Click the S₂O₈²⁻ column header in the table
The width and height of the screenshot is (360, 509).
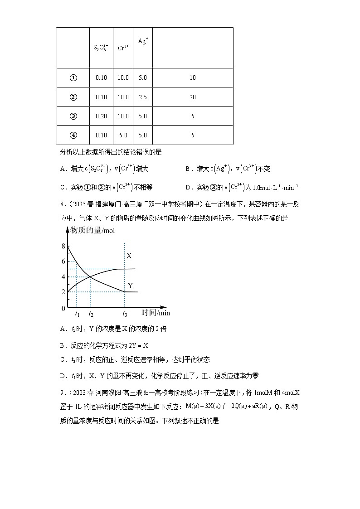tap(101, 48)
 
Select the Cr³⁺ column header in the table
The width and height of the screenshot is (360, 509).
tap(123, 48)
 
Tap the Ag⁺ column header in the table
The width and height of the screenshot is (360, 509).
tap(142, 41)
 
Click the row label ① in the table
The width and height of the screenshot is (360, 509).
tap(73, 78)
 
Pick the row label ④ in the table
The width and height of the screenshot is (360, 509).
tap(73, 135)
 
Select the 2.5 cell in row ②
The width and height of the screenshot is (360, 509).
tap(142, 97)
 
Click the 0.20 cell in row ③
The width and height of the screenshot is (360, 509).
tap(101, 116)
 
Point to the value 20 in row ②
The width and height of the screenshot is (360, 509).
tap(193, 97)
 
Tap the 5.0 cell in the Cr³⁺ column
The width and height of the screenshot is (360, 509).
tap(123, 135)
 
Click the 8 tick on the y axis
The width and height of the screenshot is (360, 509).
tap(63, 246)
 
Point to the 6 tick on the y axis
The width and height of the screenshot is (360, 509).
tap(63, 262)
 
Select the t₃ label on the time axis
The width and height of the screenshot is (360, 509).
tap(124, 313)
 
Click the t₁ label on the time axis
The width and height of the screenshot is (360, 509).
tap(77, 313)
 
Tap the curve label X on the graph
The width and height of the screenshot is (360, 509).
tap(129, 256)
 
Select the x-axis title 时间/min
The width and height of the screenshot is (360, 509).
tap(155, 312)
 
